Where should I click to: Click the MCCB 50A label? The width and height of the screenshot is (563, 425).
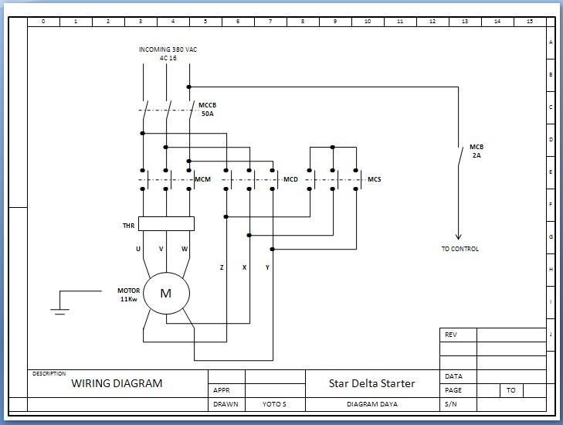click(208, 109)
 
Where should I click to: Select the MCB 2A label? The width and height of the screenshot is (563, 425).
click(477, 151)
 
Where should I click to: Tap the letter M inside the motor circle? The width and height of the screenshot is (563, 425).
click(165, 293)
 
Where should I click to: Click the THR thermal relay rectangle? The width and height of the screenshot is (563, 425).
click(166, 223)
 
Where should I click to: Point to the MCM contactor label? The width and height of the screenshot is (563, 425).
click(203, 179)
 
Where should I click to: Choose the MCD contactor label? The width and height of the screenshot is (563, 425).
click(291, 179)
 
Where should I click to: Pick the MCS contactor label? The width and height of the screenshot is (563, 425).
click(374, 179)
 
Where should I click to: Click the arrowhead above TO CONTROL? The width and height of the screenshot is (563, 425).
click(458, 236)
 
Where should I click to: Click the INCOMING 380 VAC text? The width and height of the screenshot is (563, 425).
click(168, 49)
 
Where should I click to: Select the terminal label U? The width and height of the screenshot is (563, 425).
click(138, 249)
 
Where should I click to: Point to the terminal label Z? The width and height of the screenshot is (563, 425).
click(222, 267)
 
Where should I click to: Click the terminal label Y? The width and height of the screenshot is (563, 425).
click(267, 267)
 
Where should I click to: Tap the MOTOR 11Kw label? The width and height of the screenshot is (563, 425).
click(128, 294)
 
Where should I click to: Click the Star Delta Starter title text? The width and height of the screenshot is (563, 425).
click(372, 383)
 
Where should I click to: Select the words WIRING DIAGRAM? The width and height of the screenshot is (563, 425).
click(117, 383)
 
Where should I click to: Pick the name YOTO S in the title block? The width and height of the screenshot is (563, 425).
click(274, 404)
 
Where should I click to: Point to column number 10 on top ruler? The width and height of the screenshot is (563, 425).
click(368, 22)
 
